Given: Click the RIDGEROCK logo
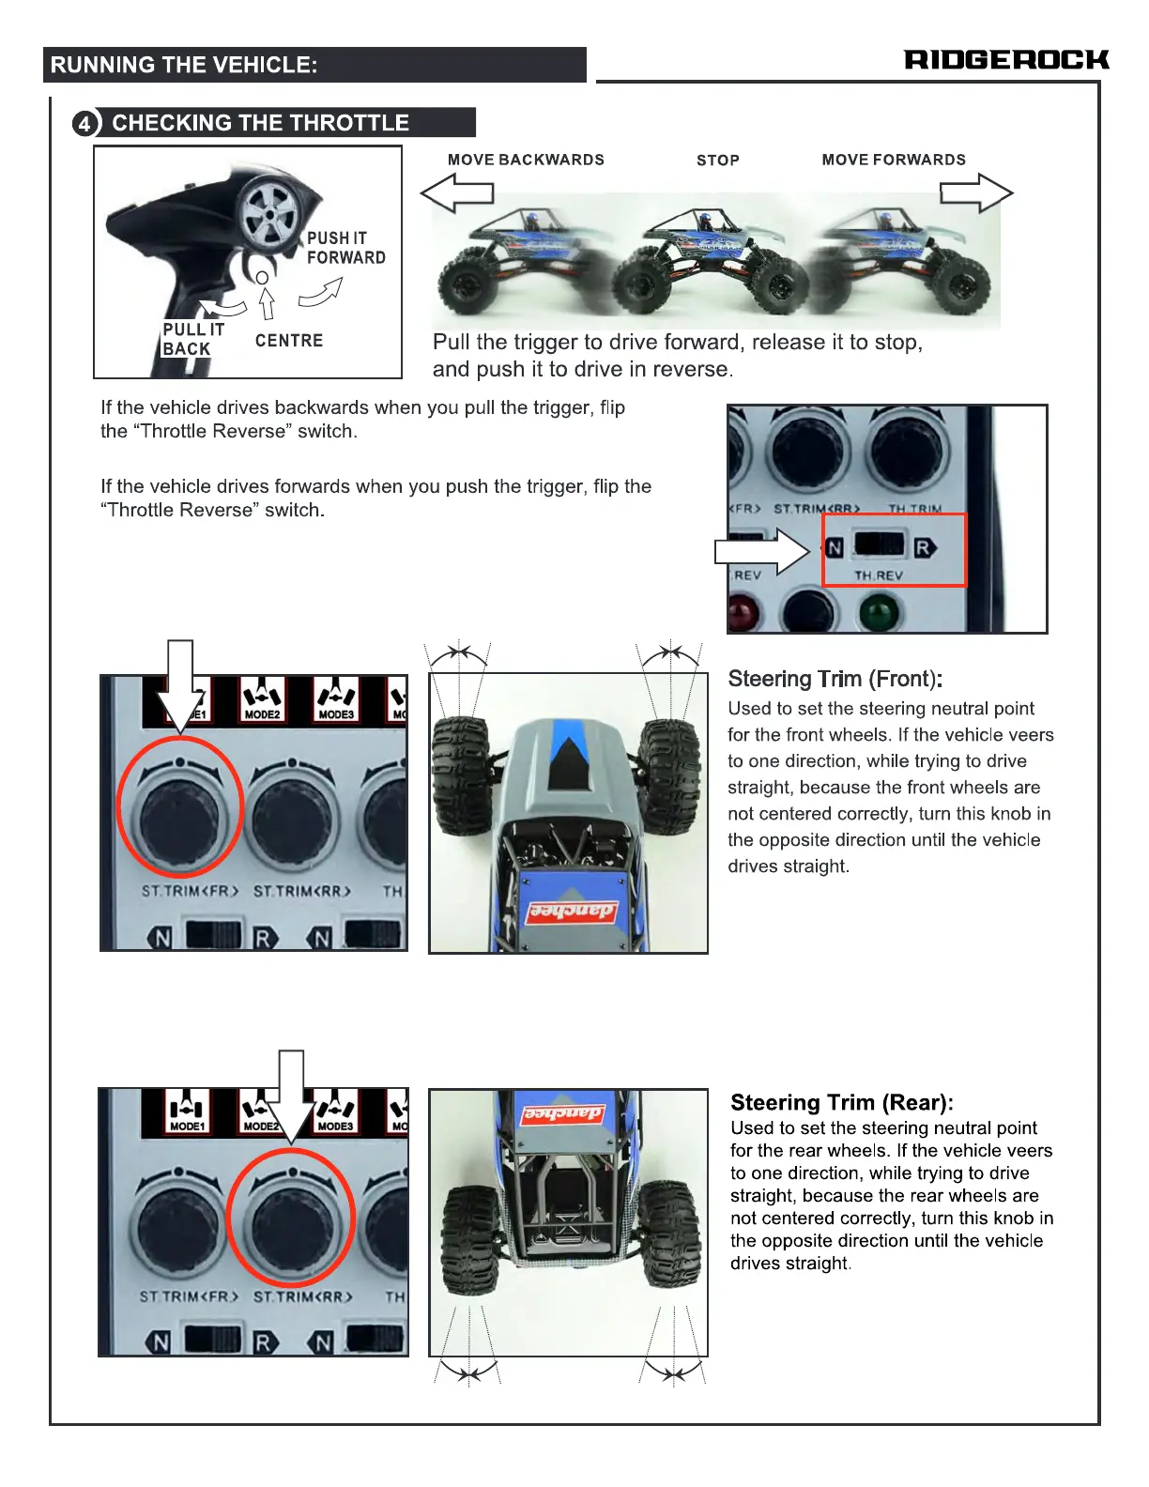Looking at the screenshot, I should (x=1006, y=60).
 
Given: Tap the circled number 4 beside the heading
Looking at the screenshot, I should (x=85, y=123).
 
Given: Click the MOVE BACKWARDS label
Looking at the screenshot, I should (x=526, y=160).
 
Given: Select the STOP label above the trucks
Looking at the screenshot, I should (x=718, y=161).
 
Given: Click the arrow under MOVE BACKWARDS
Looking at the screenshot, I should (x=457, y=193).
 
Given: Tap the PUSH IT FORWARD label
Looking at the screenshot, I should (x=345, y=248).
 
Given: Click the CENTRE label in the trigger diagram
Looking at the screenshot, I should (x=289, y=341).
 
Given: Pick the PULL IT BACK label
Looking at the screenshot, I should (x=192, y=339).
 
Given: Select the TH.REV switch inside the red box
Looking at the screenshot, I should (x=880, y=545).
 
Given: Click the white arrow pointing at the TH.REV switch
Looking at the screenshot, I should (x=761, y=551).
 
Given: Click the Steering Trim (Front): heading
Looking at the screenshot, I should (x=835, y=679).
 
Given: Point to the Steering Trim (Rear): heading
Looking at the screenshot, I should (x=841, y=1102).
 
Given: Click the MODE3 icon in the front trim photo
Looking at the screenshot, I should (x=336, y=700).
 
